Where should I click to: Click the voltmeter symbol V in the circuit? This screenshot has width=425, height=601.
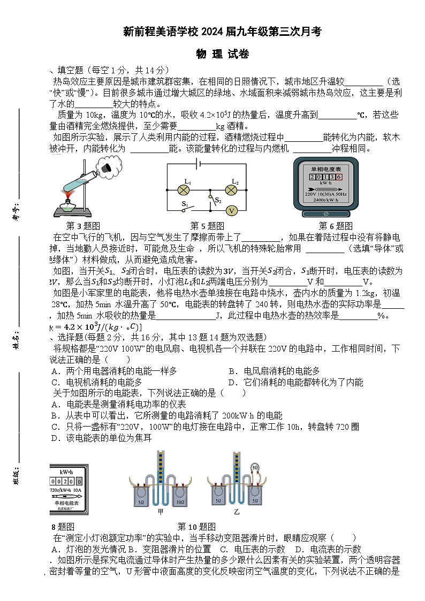click(x=231, y=210)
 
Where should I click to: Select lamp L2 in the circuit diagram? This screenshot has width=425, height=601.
click(x=231, y=189)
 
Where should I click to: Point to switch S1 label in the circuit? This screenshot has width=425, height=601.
click(x=185, y=204)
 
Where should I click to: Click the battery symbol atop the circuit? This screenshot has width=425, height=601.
click(x=199, y=164)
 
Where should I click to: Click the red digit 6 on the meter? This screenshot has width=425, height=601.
click(x=338, y=177)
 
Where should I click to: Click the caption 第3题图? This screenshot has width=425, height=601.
click(x=83, y=226)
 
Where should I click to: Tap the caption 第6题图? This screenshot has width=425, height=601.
click(x=336, y=226)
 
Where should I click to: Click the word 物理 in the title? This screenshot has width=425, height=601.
click(x=207, y=54)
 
